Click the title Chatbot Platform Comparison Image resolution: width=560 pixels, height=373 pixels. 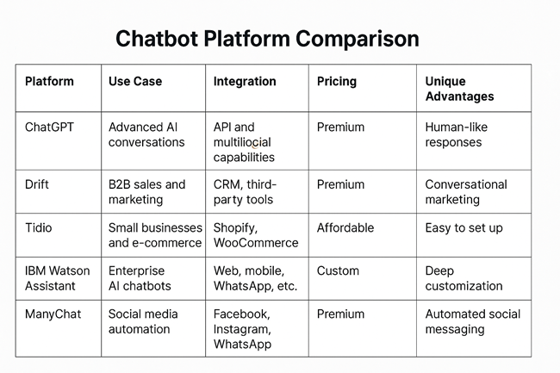(267, 39)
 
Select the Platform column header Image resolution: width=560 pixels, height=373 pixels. (49, 81)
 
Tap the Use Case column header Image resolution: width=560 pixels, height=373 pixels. (135, 81)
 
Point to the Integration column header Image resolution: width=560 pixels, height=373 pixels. (245, 82)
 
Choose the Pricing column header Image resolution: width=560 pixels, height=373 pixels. (336, 82)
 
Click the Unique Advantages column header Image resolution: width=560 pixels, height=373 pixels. (459, 89)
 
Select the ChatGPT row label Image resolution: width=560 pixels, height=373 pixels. (49, 127)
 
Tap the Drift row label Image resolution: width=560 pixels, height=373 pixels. (37, 184)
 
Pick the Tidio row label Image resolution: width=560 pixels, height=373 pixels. (38, 227)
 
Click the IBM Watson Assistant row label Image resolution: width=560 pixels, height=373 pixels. (57, 278)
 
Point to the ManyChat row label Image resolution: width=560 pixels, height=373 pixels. (53, 314)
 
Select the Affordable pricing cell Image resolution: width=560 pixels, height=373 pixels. (345, 227)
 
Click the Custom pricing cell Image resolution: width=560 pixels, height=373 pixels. (338, 270)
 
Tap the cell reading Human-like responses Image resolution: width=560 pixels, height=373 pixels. (456, 134)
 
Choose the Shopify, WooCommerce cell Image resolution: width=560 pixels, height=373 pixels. (256, 235)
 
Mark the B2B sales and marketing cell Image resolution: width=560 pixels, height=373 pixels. (146, 192)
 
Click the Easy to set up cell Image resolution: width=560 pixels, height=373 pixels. (464, 228)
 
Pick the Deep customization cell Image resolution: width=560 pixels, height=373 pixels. (464, 278)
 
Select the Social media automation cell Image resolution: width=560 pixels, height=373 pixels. (143, 321)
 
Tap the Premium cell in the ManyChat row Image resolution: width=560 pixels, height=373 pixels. (340, 314)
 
